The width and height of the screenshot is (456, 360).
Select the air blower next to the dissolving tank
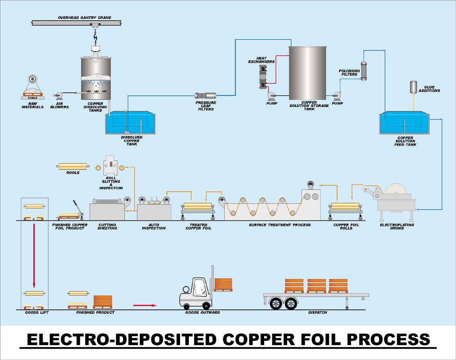59,95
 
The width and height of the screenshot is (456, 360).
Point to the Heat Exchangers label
261,60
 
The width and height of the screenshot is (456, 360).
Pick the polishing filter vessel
364,71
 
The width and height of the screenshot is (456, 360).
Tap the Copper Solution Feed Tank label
405,141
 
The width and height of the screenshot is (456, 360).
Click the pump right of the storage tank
337,96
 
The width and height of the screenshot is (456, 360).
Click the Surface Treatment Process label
280,225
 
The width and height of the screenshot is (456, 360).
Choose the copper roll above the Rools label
73,166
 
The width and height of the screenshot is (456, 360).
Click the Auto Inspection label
154,226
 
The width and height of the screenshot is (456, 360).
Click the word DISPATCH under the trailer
318,313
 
